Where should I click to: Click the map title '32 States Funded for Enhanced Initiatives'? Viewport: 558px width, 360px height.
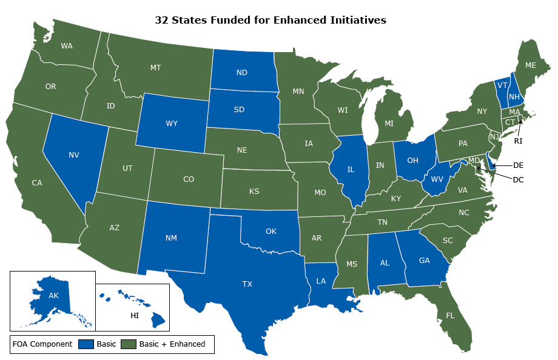pos(271,20)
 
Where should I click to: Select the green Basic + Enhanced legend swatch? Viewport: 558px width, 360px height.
pos(128,344)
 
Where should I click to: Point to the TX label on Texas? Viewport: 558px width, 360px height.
pos(247,284)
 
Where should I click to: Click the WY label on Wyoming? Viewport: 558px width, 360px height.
pos(171,124)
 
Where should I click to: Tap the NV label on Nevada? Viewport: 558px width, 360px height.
pos(73,155)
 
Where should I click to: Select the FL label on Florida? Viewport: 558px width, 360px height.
pos(449,316)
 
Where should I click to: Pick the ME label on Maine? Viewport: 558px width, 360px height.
pos(530,65)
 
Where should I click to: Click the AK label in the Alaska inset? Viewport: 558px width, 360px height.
pos(53,296)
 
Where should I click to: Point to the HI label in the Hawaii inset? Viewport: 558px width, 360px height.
pos(135,315)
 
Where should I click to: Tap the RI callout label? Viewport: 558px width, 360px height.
pos(518,141)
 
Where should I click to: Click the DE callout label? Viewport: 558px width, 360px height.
pos(518,165)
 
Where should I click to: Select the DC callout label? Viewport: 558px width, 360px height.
pos(518,179)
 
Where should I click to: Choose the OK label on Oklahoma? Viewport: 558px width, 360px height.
pos(271,231)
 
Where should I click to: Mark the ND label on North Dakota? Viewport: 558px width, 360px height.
pos(241,73)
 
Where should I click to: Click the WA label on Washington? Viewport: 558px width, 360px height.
pos(67,46)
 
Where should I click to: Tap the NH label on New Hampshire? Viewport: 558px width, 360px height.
pos(513,97)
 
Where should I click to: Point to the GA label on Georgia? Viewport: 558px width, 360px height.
pos(425,261)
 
